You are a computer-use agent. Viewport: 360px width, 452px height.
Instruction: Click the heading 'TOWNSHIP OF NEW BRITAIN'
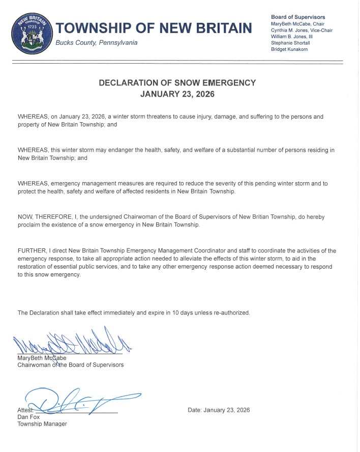[153, 27]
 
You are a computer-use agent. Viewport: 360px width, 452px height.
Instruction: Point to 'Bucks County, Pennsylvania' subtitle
[96, 43]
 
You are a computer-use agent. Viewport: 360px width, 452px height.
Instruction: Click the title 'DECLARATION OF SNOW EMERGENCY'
[177, 82]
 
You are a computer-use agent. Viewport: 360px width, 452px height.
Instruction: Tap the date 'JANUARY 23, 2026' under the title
[177, 94]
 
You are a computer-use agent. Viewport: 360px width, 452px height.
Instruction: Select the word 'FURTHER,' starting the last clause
[32, 250]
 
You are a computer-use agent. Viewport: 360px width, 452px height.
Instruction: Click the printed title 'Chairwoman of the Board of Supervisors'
[70, 364]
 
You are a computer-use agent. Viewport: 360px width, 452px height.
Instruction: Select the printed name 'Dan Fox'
[28, 417]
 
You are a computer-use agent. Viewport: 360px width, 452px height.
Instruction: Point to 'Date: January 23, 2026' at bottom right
[219, 410]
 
